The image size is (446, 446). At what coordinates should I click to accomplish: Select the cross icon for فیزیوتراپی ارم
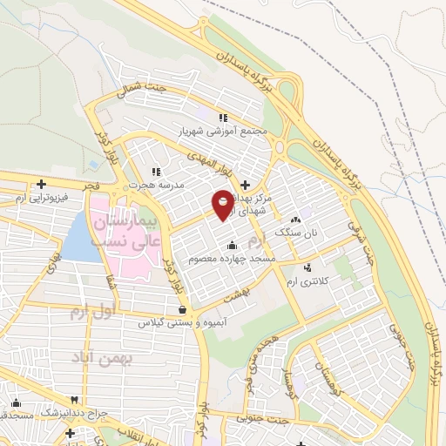pos(42,184)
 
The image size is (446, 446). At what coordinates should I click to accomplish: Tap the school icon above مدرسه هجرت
pos(156,172)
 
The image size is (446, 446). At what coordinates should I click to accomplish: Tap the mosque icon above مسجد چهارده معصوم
pos(232,245)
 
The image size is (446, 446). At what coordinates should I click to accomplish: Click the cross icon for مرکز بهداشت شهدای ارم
pos(245,185)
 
